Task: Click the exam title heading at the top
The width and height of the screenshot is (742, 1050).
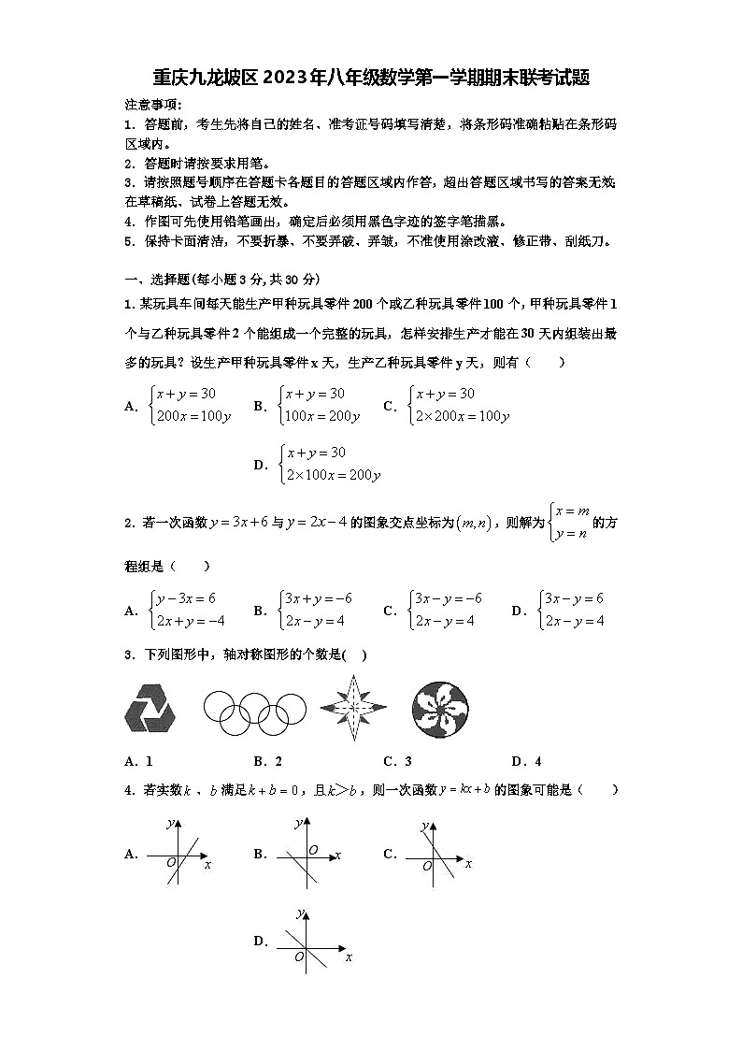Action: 371,78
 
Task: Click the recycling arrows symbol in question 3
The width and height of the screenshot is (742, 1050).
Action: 149,708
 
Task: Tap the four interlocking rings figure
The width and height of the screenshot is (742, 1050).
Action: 254,709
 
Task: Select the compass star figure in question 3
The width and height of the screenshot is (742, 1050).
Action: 353,709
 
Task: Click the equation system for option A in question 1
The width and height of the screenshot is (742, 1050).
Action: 191,405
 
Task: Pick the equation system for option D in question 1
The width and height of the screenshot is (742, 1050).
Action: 329,464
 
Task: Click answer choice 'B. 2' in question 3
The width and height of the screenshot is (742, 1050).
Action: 268,760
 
